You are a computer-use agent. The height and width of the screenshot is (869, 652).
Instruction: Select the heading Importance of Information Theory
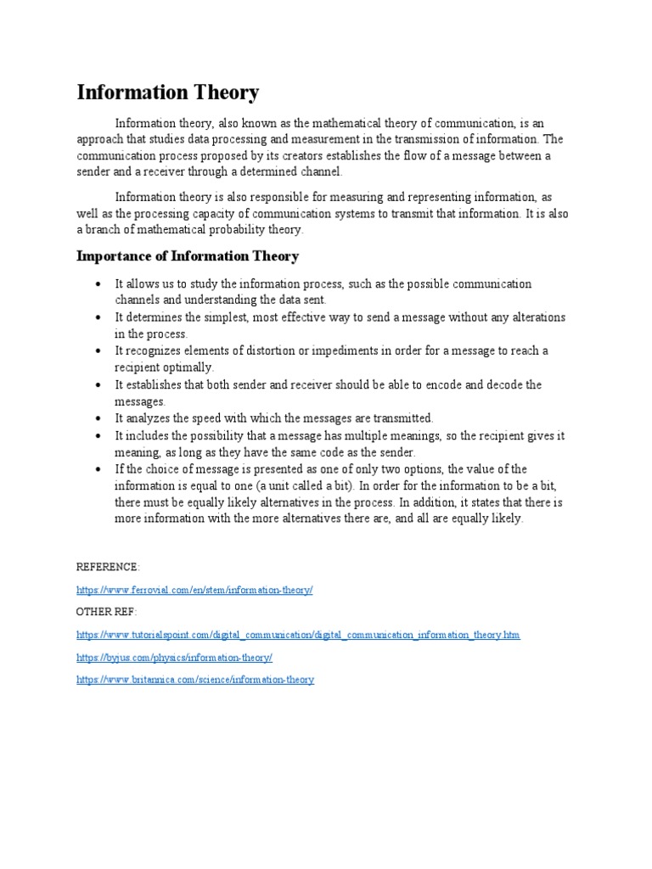188,256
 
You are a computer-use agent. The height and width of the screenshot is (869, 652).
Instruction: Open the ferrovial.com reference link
194,590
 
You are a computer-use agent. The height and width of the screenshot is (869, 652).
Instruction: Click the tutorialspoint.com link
297,635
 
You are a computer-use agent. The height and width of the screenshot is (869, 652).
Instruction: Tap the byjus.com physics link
174,657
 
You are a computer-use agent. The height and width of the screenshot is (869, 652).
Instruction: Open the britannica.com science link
195,680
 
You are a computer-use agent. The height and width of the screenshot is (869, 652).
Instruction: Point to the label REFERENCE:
108,567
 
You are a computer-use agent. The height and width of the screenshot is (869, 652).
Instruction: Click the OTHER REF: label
106,612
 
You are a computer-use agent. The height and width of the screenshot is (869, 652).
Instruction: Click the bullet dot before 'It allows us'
99,283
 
